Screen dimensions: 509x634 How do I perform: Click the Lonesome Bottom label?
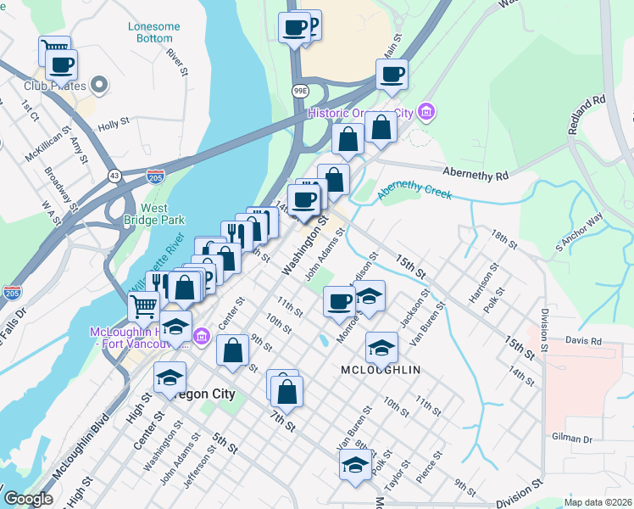point(153,32)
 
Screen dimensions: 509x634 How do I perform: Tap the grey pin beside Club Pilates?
point(100,85)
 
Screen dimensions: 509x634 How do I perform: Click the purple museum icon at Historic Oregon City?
point(426,113)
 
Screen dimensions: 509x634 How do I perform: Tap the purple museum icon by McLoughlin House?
point(201,337)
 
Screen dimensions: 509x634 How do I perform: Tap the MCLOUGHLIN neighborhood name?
point(381,371)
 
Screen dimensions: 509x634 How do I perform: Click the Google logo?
point(28,499)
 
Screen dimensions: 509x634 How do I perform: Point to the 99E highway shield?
point(300,90)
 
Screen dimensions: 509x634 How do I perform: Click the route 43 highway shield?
point(114,175)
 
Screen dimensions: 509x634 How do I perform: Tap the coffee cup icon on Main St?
point(392,74)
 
